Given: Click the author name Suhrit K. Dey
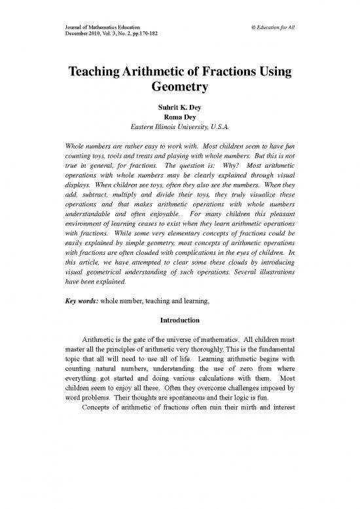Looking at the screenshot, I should coord(180,111).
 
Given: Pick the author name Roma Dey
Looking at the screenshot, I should coord(180,121).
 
